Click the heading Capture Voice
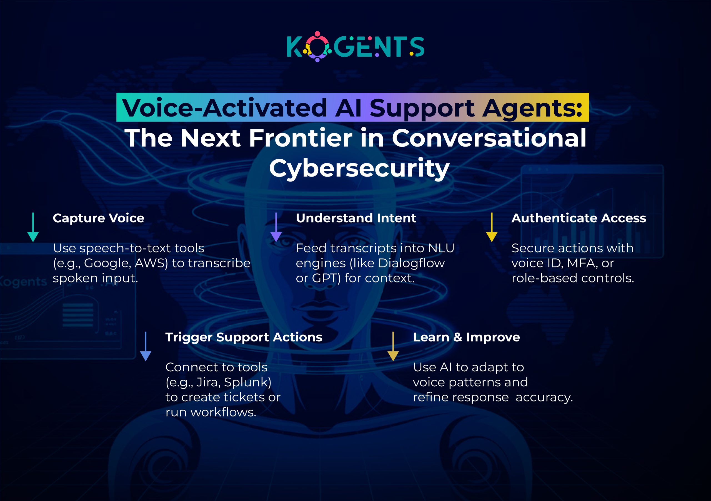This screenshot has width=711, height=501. (x=99, y=218)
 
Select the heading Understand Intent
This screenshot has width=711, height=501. (x=356, y=218)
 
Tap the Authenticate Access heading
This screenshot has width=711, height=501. (x=579, y=218)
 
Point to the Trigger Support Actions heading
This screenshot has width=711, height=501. (x=244, y=337)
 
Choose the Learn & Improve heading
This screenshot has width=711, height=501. (x=466, y=337)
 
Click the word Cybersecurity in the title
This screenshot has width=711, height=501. (x=359, y=168)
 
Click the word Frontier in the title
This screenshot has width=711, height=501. (x=301, y=138)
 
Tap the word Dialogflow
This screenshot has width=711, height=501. (x=411, y=263)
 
